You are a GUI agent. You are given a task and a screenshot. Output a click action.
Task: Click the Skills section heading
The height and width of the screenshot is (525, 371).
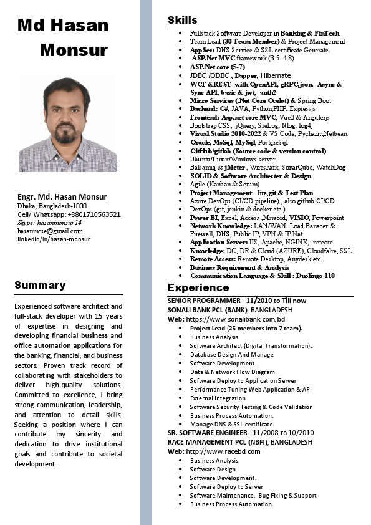(182, 21)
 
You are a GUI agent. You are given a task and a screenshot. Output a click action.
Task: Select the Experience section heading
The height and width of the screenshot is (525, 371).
(198, 287)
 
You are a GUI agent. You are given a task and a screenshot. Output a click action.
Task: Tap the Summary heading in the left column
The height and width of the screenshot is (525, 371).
(40, 285)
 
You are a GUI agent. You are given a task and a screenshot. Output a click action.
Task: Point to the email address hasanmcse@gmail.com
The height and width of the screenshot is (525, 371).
(50, 231)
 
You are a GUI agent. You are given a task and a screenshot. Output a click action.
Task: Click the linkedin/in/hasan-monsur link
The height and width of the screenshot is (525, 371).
(54, 239)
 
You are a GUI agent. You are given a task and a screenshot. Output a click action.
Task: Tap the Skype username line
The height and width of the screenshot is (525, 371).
(49, 222)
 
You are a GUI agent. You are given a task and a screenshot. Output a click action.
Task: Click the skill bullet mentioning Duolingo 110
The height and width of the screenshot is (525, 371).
(262, 276)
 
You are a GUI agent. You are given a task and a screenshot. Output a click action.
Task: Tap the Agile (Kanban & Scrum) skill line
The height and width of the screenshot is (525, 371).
(224, 185)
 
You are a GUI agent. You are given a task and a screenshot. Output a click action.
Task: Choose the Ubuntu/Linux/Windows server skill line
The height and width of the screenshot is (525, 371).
(232, 159)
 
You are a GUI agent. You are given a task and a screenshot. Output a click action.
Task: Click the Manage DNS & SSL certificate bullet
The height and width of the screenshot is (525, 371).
(231, 424)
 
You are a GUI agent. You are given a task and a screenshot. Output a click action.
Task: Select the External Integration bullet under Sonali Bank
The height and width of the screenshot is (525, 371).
(218, 398)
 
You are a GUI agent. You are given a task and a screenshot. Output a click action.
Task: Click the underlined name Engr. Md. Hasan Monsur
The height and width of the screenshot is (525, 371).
(62, 196)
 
